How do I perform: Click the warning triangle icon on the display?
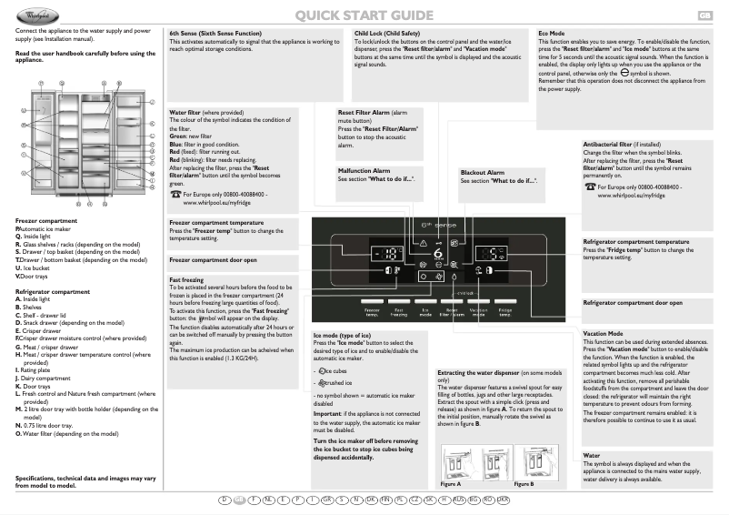[424, 244]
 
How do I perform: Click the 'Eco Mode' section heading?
[552, 32]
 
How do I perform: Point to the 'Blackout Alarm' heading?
[482, 172]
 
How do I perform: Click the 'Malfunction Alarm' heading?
[364, 170]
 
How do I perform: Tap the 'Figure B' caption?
[524, 484]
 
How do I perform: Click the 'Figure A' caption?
[451, 484]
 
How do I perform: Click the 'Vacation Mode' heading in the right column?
[603, 334]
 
